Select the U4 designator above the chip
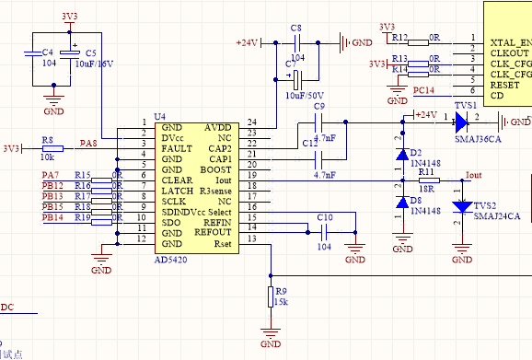pyautogui.click(x=159, y=117)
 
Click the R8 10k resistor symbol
pyautogui.click(x=52, y=147)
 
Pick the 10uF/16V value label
pyautogui.click(x=95, y=65)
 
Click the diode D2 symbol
pyautogui.click(x=401, y=156)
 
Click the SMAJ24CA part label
pyautogui.click(x=497, y=216)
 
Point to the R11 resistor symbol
pyautogui.click(x=425, y=181)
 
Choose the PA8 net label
pyautogui.click(x=88, y=144)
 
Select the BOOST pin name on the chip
pyautogui.click(x=216, y=170)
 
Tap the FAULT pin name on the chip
pyautogui.click(x=177, y=148)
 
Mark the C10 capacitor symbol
pyautogui.click(x=323, y=228)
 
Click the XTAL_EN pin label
pyautogui.click(x=511, y=43)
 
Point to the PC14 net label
pyautogui.click(x=424, y=90)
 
